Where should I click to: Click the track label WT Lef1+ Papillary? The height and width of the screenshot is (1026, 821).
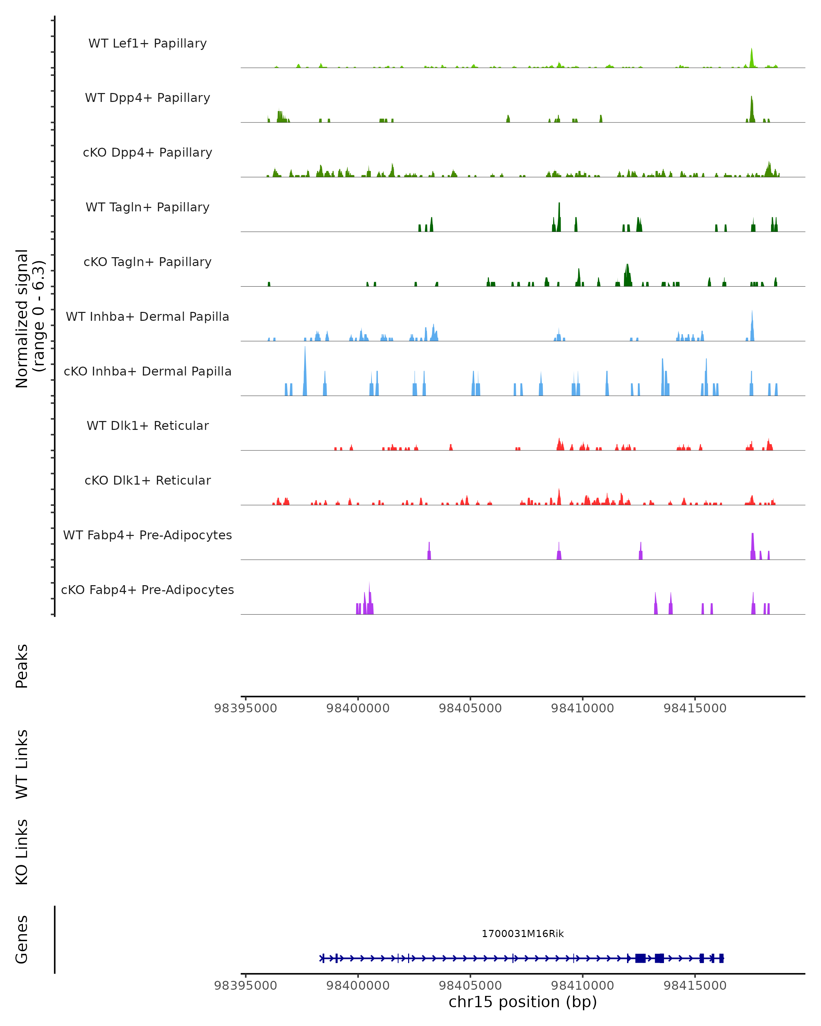(x=147, y=43)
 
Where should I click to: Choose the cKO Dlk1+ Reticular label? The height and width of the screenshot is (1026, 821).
(x=147, y=480)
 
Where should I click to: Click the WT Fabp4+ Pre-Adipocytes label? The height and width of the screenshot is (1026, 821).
(x=147, y=535)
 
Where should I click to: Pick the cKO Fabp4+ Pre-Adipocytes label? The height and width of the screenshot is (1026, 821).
(x=147, y=590)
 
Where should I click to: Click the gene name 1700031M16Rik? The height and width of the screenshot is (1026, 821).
(x=523, y=934)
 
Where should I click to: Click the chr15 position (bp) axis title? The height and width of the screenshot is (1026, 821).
(x=523, y=1002)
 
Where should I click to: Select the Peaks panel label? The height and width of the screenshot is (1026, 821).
(x=22, y=666)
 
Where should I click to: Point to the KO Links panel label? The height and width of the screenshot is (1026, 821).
(x=22, y=852)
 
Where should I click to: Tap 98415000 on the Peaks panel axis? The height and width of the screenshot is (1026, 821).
(x=695, y=708)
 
